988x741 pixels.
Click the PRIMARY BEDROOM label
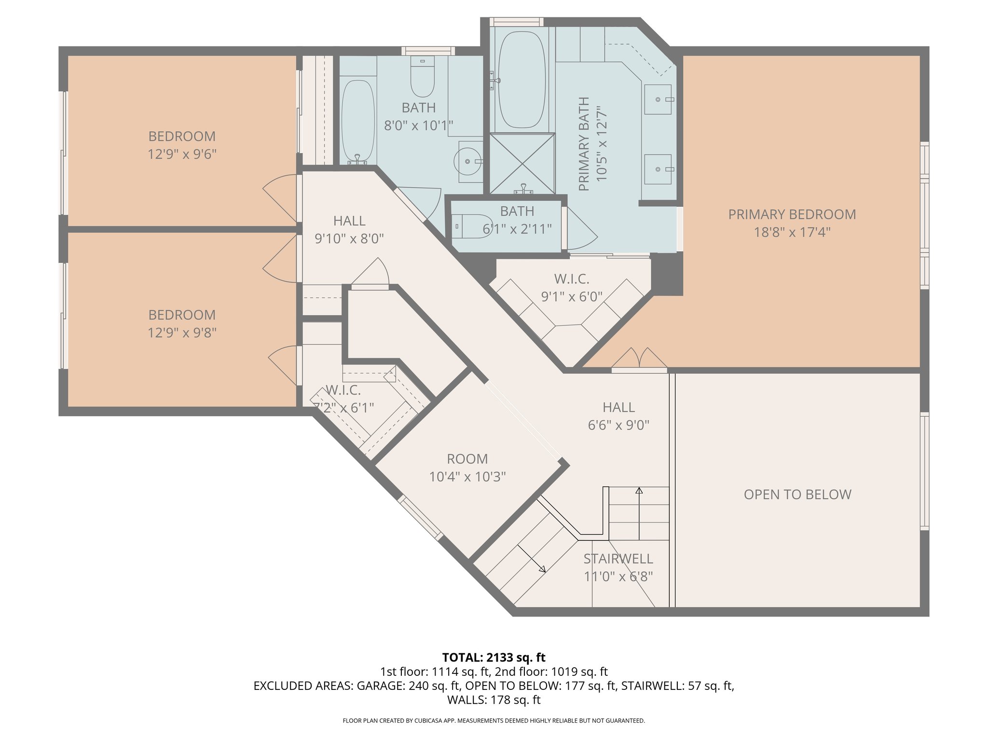[792, 215]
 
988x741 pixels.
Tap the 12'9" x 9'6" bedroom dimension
[182, 154]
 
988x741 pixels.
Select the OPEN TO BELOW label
[797, 494]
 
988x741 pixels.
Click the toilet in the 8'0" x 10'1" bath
[423, 77]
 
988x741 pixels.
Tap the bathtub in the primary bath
[522, 80]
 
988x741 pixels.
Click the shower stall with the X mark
[522, 164]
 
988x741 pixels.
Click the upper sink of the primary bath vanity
[658, 99]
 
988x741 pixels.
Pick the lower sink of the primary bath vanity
[658, 169]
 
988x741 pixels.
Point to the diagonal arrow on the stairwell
[532, 559]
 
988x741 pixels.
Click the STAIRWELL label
[618, 559]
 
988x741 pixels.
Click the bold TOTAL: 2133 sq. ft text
[494, 658]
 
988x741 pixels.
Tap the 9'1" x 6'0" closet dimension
[572, 297]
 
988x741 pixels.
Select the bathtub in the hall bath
[357, 121]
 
